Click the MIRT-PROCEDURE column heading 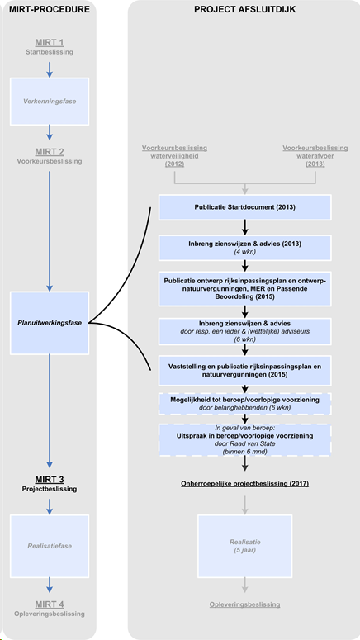coord(50,9)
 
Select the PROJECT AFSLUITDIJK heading coord(245,9)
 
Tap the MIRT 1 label coord(50,42)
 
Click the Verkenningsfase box coord(50,102)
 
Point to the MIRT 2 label coord(50,152)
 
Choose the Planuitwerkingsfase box coord(50,323)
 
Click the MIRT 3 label coord(50,480)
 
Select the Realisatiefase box coord(50,546)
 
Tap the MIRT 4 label coord(50,604)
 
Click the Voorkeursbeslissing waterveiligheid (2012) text coord(175,156)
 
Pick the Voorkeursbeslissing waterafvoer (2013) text coord(315,156)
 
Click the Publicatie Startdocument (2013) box coord(245,207)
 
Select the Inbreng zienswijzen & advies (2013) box coord(245,248)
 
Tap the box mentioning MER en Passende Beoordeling coord(245,288)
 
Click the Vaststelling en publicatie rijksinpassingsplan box coord(245,370)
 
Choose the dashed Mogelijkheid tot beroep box coord(245,404)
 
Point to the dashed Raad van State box coord(245,439)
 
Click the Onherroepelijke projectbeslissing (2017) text coord(245,484)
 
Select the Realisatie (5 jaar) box coord(245,546)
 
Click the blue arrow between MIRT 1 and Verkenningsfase coord(50,69)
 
